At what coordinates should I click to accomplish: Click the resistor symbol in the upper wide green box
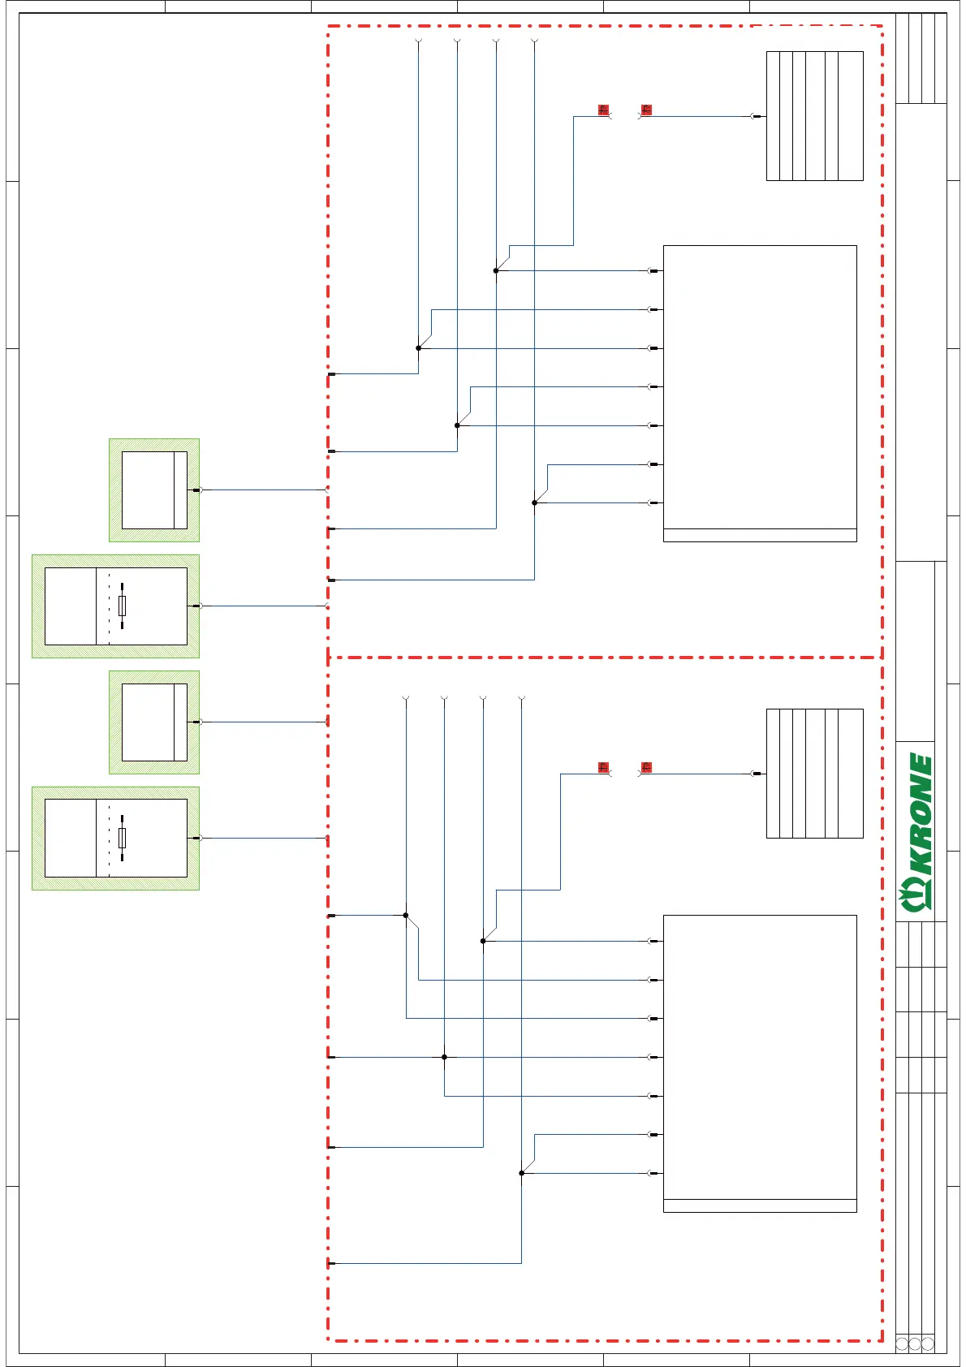122,606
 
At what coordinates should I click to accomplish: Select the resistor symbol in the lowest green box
122,838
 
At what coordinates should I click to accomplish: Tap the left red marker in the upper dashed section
603,110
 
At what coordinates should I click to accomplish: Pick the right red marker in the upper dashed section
646,110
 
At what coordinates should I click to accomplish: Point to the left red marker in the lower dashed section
603,767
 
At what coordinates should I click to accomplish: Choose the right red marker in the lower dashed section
646,767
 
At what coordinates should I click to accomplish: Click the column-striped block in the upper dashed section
814,116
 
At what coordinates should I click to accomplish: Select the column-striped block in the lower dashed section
814,773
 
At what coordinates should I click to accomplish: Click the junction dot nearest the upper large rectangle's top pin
496,270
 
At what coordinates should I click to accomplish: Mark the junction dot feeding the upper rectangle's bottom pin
534,502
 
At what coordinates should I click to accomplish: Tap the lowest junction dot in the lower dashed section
521,1173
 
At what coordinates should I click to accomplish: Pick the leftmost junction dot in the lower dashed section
406,915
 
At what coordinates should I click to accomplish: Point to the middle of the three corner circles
915,1344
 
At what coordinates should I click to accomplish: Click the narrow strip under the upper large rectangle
760,536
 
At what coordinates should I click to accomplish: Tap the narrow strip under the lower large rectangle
760,1205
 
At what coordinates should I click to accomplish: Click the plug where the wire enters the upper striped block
757,116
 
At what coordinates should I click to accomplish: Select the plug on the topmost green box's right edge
196,490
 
